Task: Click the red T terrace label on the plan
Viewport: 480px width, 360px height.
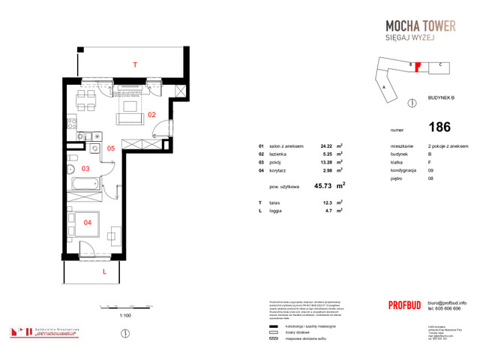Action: [135, 66]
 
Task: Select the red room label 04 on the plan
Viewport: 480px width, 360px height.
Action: [86, 223]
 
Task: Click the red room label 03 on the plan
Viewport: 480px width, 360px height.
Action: [85, 169]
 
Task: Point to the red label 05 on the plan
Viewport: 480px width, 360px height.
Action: [110, 148]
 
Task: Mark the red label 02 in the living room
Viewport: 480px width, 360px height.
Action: [151, 115]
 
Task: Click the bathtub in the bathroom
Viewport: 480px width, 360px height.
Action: [85, 184]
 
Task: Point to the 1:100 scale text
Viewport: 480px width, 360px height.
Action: [126, 316]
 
